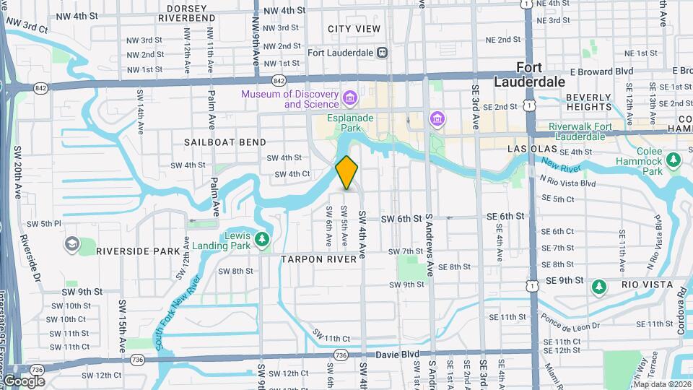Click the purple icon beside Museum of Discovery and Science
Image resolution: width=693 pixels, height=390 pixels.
(350, 97)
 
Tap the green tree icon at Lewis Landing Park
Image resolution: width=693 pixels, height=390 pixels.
(263, 238)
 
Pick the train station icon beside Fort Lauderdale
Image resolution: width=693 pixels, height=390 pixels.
(383, 53)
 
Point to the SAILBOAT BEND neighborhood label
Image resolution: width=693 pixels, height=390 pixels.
(225, 142)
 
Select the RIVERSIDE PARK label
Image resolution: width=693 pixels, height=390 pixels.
(137, 251)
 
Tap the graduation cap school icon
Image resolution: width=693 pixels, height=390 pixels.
(72, 244)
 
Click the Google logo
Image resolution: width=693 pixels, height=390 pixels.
(23, 381)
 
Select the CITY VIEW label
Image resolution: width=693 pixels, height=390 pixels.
(354, 29)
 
